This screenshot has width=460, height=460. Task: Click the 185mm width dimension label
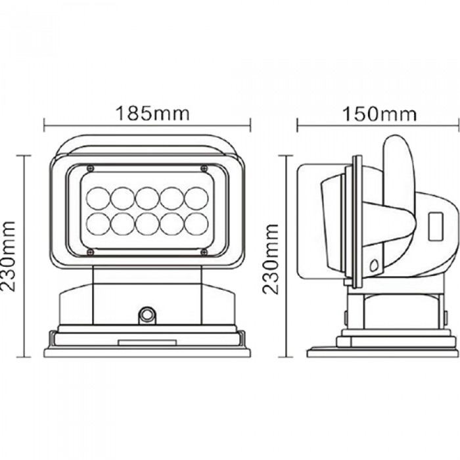pos(152,113)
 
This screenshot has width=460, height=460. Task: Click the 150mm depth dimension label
pos(379,114)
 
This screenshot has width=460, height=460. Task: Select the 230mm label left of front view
pos(8,256)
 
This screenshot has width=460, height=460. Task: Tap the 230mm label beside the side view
pos(270,259)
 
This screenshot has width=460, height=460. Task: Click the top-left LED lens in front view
pos(98,198)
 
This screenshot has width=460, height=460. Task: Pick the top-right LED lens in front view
pos(196,198)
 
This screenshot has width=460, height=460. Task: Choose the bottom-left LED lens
pos(98,223)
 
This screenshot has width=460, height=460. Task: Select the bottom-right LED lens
pos(196,223)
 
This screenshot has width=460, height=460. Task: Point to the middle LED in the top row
pos(147,198)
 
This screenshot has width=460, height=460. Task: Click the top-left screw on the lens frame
pos(91,168)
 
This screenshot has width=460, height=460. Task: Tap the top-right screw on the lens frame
pos(204,168)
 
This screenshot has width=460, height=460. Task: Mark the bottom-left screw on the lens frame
pos(91,252)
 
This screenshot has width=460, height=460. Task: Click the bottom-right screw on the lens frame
pos(204,252)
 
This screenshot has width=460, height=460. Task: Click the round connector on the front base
pos(147,315)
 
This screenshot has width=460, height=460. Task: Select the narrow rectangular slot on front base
pos(147,342)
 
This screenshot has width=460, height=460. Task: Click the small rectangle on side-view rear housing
pos(436,226)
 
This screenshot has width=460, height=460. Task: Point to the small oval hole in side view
pos(374,265)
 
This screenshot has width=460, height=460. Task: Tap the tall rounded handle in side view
pos(399,188)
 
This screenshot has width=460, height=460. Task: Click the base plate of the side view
pos(382,352)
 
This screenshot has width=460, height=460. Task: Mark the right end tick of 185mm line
pos(250,125)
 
